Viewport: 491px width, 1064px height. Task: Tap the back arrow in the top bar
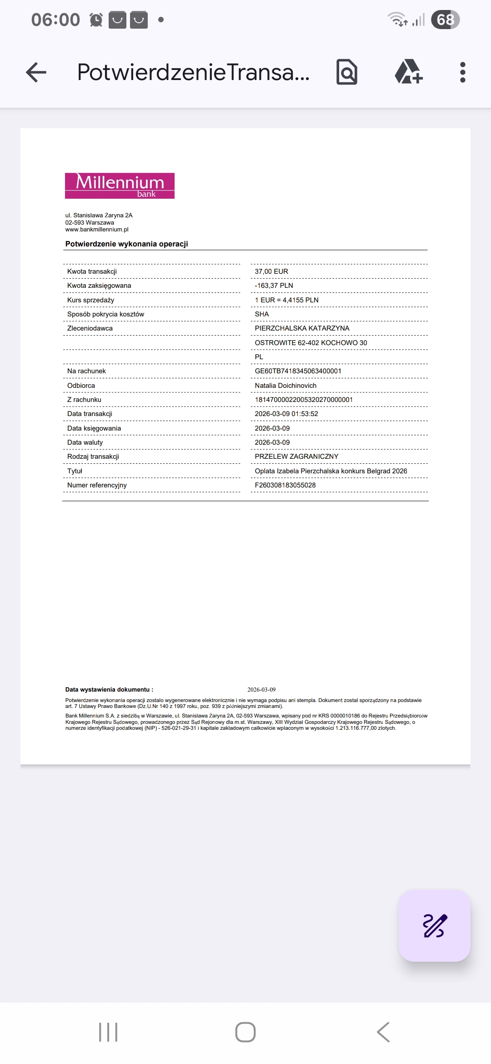[36, 72]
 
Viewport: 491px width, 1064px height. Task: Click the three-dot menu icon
[462, 72]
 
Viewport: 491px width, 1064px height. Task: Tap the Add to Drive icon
[408, 72]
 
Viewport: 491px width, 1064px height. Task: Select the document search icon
[347, 72]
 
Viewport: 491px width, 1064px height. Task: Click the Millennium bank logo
[120, 186]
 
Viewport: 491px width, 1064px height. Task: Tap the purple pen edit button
[435, 925]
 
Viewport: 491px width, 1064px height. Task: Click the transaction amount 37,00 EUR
[271, 271]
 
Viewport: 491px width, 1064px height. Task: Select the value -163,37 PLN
[274, 286]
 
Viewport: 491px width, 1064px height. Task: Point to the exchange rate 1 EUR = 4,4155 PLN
[286, 300]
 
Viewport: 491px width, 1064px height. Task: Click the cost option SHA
[262, 314]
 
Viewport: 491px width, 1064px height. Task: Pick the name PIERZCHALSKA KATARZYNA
[302, 328]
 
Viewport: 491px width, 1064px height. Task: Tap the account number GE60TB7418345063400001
[298, 371]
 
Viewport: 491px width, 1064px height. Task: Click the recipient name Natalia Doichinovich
[286, 386]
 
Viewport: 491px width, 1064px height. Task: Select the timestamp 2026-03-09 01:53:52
[286, 414]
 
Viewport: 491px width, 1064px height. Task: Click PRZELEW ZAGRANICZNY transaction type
[296, 457]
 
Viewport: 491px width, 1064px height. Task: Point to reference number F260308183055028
[285, 485]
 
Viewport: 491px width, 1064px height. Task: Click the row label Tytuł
[75, 471]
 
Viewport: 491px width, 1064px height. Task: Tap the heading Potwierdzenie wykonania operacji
[126, 244]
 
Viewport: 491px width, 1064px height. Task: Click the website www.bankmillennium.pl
[97, 230]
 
